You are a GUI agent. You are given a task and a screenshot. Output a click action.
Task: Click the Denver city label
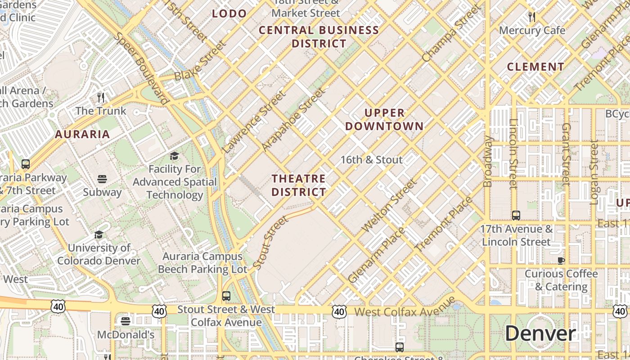(540, 333)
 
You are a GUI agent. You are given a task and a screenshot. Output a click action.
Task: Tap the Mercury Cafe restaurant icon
(532, 17)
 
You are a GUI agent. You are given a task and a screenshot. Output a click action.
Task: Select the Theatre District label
(299, 185)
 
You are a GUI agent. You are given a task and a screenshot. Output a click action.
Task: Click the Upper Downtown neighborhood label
(384, 119)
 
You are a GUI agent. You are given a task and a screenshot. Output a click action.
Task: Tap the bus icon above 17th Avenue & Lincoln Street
(516, 215)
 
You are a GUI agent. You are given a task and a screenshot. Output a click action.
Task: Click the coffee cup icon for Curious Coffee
(561, 260)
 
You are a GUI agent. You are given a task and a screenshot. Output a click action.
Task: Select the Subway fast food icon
(102, 179)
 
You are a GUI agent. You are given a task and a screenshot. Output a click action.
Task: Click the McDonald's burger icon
(126, 321)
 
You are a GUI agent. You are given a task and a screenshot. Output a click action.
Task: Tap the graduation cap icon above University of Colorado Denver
(99, 234)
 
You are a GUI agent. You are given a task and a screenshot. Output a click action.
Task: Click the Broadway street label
(488, 161)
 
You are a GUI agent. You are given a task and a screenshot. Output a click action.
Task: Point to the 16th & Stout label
(371, 160)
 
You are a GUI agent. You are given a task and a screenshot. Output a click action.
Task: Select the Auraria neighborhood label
(82, 134)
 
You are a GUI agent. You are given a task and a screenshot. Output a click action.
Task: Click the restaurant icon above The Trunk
(101, 97)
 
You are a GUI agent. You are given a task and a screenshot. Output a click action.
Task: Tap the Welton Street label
(390, 206)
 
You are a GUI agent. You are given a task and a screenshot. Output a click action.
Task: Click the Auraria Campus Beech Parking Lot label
(202, 263)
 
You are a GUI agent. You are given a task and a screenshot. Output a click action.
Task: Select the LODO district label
(229, 13)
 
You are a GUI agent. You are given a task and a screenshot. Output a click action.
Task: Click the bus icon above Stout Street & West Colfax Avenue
(226, 296)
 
